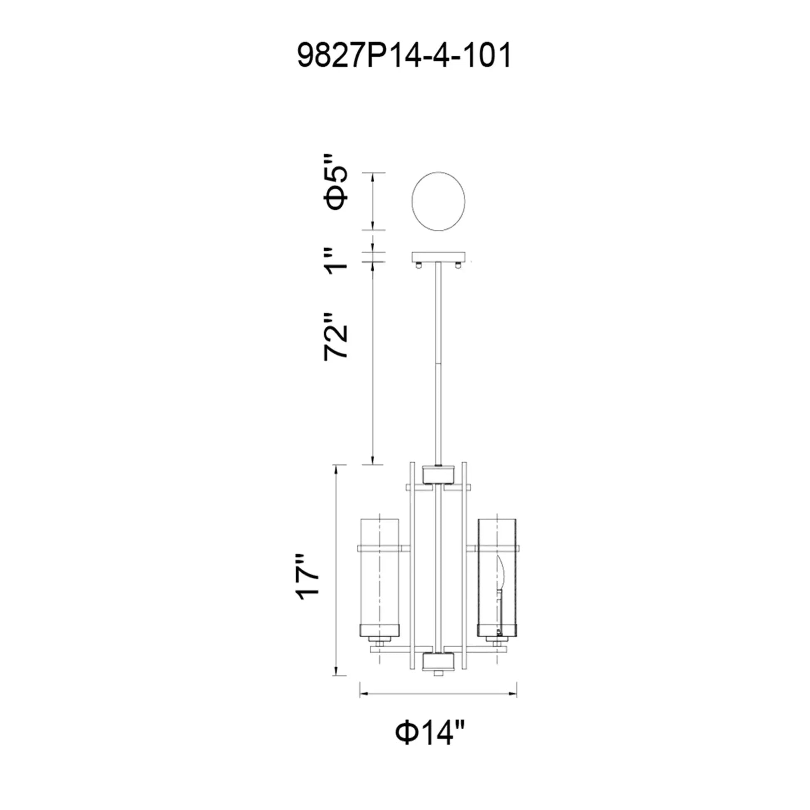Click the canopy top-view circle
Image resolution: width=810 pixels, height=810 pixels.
point(439,201)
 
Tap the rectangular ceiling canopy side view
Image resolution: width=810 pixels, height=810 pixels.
point(439,256)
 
